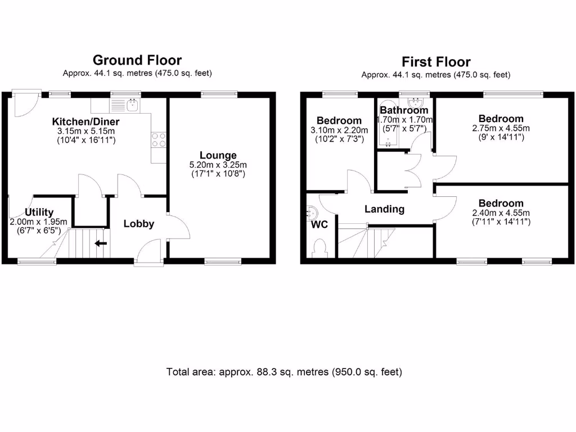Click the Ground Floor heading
(137, 60)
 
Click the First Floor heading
(435, 62)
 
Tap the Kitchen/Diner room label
(85, 121)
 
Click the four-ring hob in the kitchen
(158, 139)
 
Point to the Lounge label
(218, 155)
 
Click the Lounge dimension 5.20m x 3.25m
(218, 165)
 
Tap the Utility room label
(39, 212)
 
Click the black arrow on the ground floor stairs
(101, 244)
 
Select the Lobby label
(139, 224)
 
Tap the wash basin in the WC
(312, 213)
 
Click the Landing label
(384, 209)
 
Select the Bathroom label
(403, 110)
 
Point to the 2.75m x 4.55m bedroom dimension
(501, 128)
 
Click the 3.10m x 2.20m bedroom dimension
(339, 130)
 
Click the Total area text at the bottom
(284, 372)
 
